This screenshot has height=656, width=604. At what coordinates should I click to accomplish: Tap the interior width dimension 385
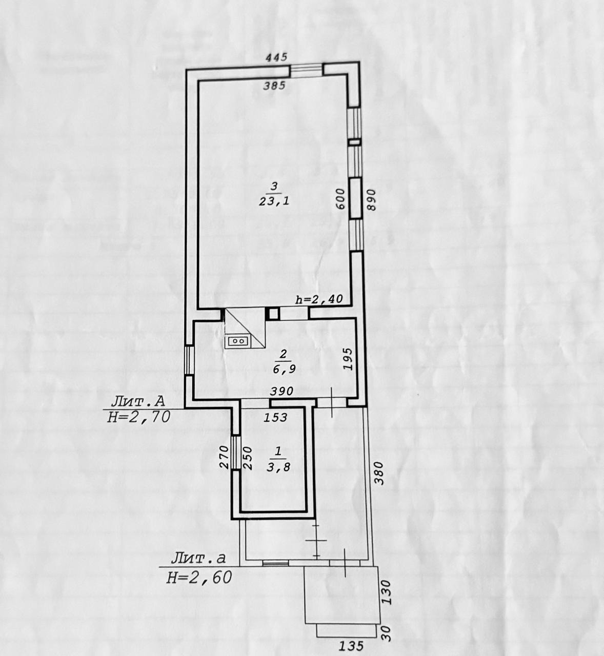point(274,86)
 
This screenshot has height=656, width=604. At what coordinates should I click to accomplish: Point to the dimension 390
point(281,391)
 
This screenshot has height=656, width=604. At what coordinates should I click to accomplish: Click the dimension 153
point(276,418)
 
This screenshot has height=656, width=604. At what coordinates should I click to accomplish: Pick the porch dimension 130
point(387,592)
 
